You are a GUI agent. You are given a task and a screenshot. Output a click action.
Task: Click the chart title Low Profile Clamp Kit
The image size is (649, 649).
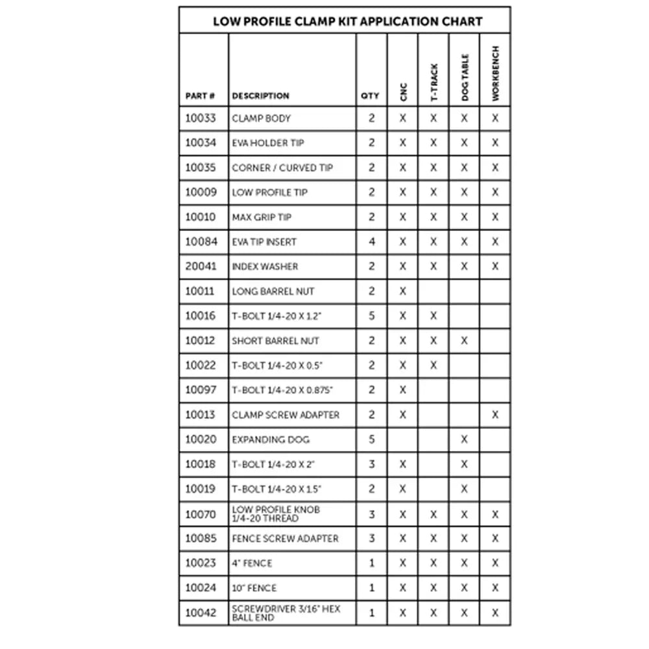tap(347, 21)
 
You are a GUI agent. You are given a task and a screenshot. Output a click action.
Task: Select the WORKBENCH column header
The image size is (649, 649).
tap(495, 73)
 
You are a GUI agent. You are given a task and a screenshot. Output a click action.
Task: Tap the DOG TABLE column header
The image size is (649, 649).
tap(465, 77)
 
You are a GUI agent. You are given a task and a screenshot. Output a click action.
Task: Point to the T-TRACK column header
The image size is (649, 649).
tap(434, 82)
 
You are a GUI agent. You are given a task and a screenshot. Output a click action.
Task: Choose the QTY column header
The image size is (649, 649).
tap(370, 96)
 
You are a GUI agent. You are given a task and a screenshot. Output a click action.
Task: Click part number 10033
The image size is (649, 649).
tap(201, 118)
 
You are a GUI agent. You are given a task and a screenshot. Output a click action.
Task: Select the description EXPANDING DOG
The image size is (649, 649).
tap(271, 439)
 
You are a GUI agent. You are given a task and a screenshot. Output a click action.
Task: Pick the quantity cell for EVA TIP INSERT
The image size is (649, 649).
tap(372, 241)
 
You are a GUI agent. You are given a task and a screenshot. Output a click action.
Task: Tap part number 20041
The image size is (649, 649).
tap(201, 266)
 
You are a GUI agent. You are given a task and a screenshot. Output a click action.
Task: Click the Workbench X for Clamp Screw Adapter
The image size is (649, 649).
tap(495, 415)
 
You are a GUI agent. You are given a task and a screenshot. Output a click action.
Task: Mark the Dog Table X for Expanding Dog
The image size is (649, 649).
tap(464, 439)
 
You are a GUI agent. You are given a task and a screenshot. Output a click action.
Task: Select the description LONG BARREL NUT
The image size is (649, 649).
tap(273, 291)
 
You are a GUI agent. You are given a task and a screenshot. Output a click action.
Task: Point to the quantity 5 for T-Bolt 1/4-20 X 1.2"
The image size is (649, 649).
tap(372, 316)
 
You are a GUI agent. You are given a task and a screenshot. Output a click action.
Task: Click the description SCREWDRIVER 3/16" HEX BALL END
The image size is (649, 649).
tap(286, 613)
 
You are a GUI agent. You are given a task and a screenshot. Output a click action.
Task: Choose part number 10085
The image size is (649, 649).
tap(201, 538)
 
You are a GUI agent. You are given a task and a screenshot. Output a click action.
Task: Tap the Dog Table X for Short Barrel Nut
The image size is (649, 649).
tap(464, 341)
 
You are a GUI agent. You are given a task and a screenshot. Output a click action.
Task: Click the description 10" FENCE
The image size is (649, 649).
tap(254, 588)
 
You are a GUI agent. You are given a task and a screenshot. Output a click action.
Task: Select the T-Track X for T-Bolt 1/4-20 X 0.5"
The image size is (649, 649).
tap(434, 365)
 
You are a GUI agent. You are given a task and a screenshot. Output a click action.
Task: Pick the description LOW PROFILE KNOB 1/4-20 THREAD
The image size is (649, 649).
tap(276, 514)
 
